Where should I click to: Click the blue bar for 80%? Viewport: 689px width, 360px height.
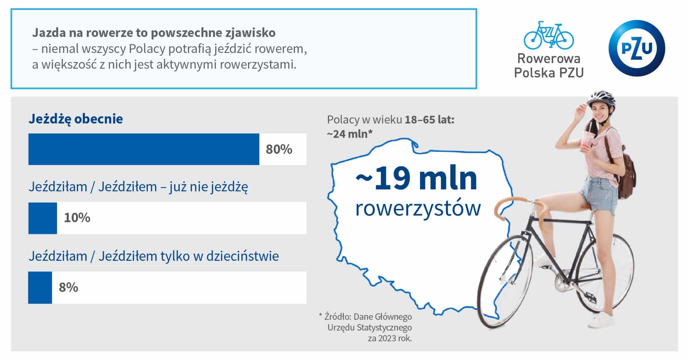(144, 149)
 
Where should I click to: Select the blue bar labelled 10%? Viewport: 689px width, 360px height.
(43, 218)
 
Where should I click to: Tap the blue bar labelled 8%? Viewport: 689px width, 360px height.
(40, 288)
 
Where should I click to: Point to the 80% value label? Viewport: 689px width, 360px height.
(279, 149)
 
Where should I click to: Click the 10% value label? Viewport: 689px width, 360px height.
(77, 218)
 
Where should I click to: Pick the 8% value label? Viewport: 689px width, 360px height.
(68, 288)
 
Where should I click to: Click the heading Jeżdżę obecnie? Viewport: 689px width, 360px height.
(76, 119)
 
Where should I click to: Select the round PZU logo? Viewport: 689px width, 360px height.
(637, 48)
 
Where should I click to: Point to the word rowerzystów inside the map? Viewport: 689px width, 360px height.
(418, 208)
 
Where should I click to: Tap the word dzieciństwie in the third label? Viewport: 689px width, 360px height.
(243, 256)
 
